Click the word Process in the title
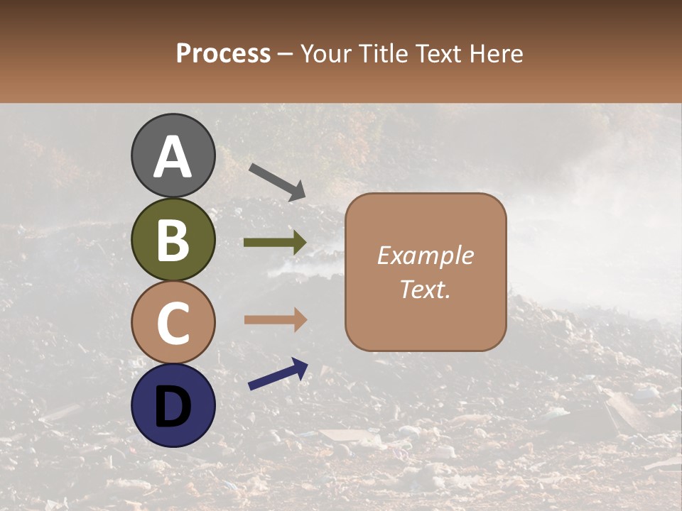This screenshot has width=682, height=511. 223,54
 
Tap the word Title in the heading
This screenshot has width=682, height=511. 383,54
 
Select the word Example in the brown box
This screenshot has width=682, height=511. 425,255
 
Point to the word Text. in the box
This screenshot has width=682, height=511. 425,290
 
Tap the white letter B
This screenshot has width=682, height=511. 173,240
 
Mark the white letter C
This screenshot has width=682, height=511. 173,323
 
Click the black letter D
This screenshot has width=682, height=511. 173,405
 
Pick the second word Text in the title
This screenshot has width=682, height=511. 436,54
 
